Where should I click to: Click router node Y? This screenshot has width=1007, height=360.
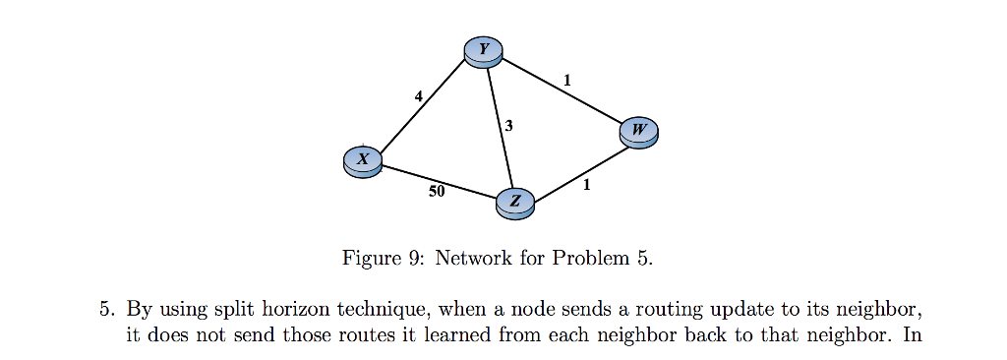point(483,52)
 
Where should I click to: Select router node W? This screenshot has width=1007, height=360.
point(639,132)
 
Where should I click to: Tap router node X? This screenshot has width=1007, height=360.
point(363,161)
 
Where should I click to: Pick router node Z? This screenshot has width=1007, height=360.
point(516,204)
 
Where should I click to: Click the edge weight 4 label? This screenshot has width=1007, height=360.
point(419,96)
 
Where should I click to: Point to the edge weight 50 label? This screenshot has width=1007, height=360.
point(437,192)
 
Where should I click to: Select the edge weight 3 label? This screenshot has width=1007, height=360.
point(508,126)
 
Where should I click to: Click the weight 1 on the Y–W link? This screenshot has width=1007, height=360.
point(567,80)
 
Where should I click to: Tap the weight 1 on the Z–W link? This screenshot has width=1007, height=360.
point(587,184)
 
